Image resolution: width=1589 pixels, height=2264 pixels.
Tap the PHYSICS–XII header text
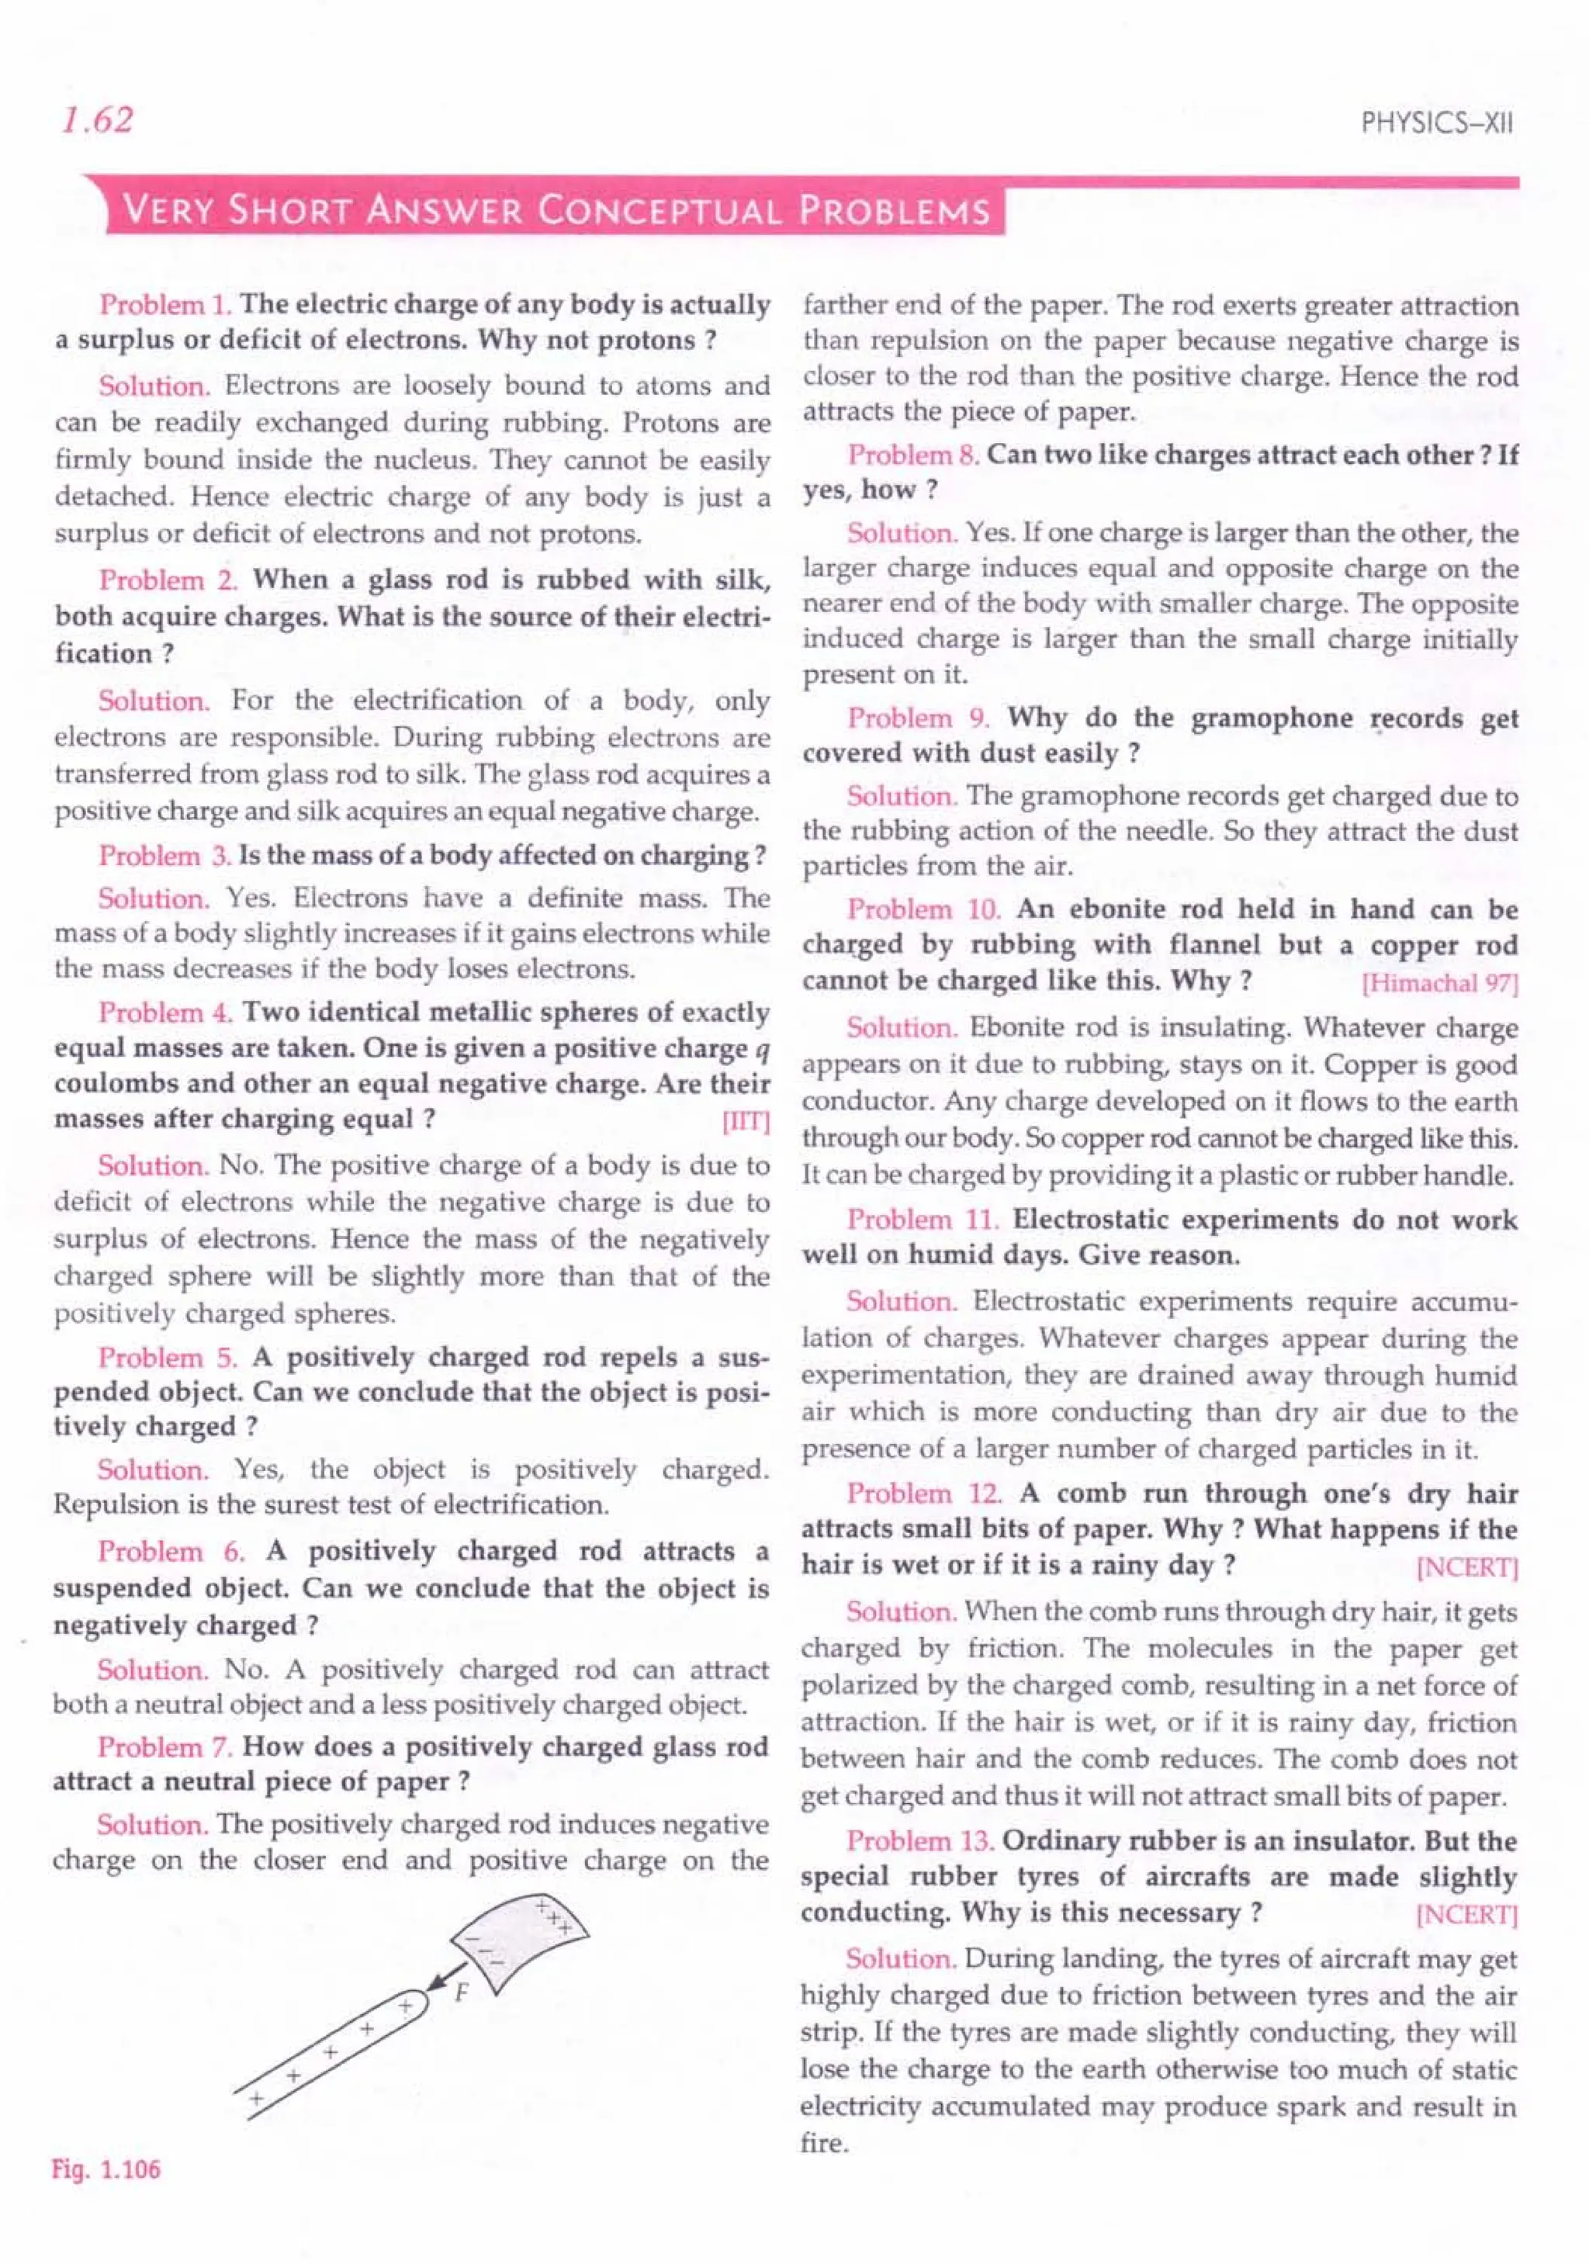[x=1436, y=123]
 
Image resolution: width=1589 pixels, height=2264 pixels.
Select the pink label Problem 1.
[x=164, y=305]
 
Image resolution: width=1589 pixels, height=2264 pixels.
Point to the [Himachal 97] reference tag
[x=1439, y=983]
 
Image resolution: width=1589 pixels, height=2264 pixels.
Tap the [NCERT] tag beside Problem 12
[x=1466, y=1566]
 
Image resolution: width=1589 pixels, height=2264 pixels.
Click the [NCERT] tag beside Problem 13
[x=1466, y=1914]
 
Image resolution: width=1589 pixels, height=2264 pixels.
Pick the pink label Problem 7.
[x=164, y=1747]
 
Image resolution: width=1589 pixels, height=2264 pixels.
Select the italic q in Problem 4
[x=760, y=1048]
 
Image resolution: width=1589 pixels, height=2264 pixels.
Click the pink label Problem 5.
[x=168, y=1358]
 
